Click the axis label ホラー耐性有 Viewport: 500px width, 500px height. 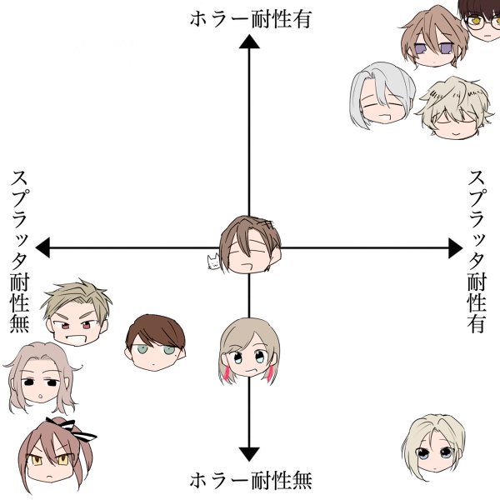pos(249,18)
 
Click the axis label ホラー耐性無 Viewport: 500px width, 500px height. pos(249,482)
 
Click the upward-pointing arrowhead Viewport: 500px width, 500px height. pos(249,45)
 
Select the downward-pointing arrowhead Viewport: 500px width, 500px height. pos(249,453)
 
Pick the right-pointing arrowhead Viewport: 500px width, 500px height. pos(454,247)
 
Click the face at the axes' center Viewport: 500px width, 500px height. pos(250,243)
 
